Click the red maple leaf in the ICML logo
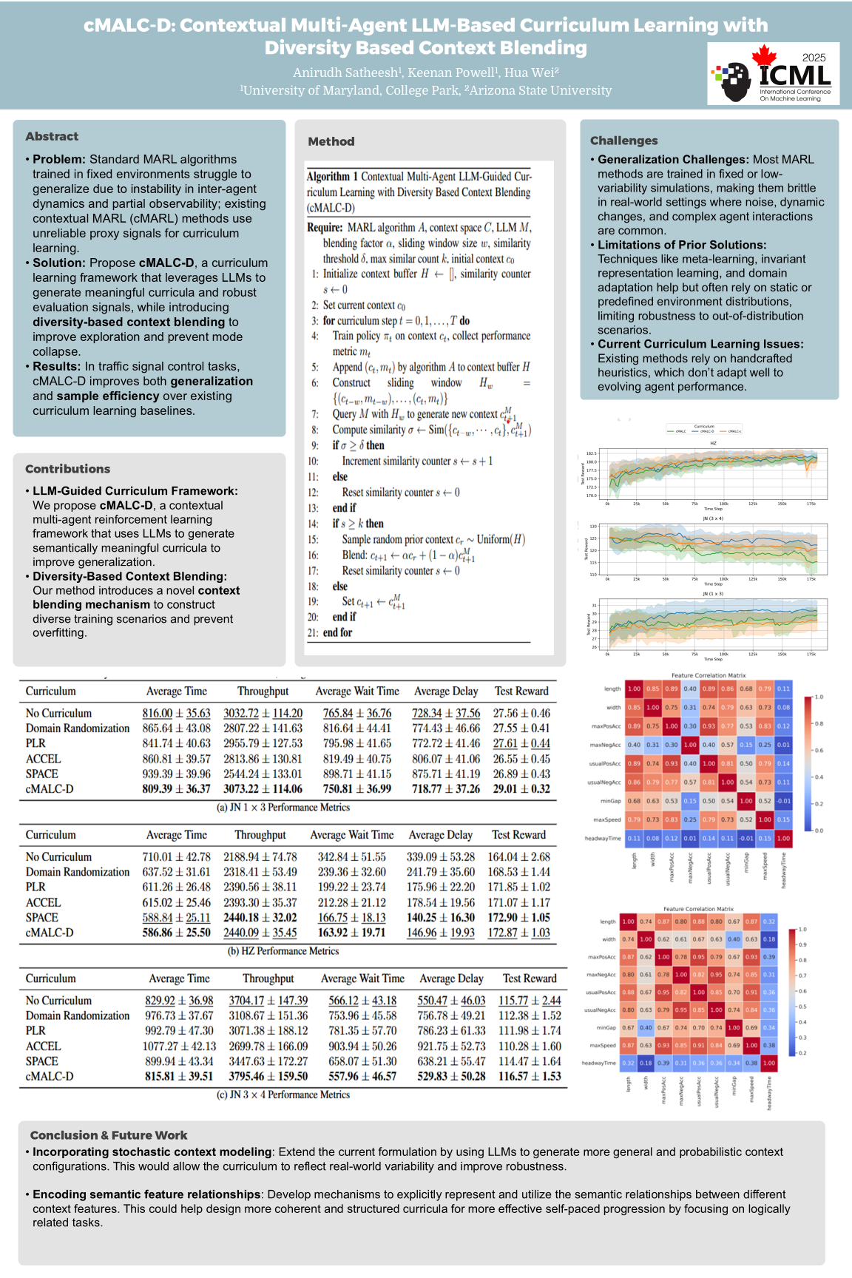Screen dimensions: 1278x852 coord(764,56)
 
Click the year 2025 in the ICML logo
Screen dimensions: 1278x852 coord(814,58)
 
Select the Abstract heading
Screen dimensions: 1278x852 coord(52,136)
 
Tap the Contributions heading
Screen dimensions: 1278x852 coord(67,469)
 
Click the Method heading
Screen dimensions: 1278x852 coord(331,141)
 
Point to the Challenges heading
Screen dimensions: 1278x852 coord(623,141)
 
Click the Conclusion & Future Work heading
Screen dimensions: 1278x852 coord(109,1135)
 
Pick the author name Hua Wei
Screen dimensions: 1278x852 coord(531,72)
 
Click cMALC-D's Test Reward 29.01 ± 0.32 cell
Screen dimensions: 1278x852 coord(521,789)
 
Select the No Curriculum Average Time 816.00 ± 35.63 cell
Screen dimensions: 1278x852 coord(176,713)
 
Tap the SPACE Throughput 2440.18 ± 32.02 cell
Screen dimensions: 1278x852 coord(260,917)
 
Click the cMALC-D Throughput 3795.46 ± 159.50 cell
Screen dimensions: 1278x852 coord(268,1076)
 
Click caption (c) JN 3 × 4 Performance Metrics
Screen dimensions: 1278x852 coord(283,1095)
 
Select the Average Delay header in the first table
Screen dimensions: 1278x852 coord(446,691)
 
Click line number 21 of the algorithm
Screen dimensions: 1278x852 coord(313,632)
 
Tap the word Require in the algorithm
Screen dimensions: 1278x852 coord(325,227)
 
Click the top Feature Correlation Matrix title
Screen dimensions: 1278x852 coord(709,675)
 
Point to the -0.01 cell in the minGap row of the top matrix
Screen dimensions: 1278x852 coord(783,801)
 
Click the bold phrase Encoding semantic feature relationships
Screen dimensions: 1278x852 coord(146,1194)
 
